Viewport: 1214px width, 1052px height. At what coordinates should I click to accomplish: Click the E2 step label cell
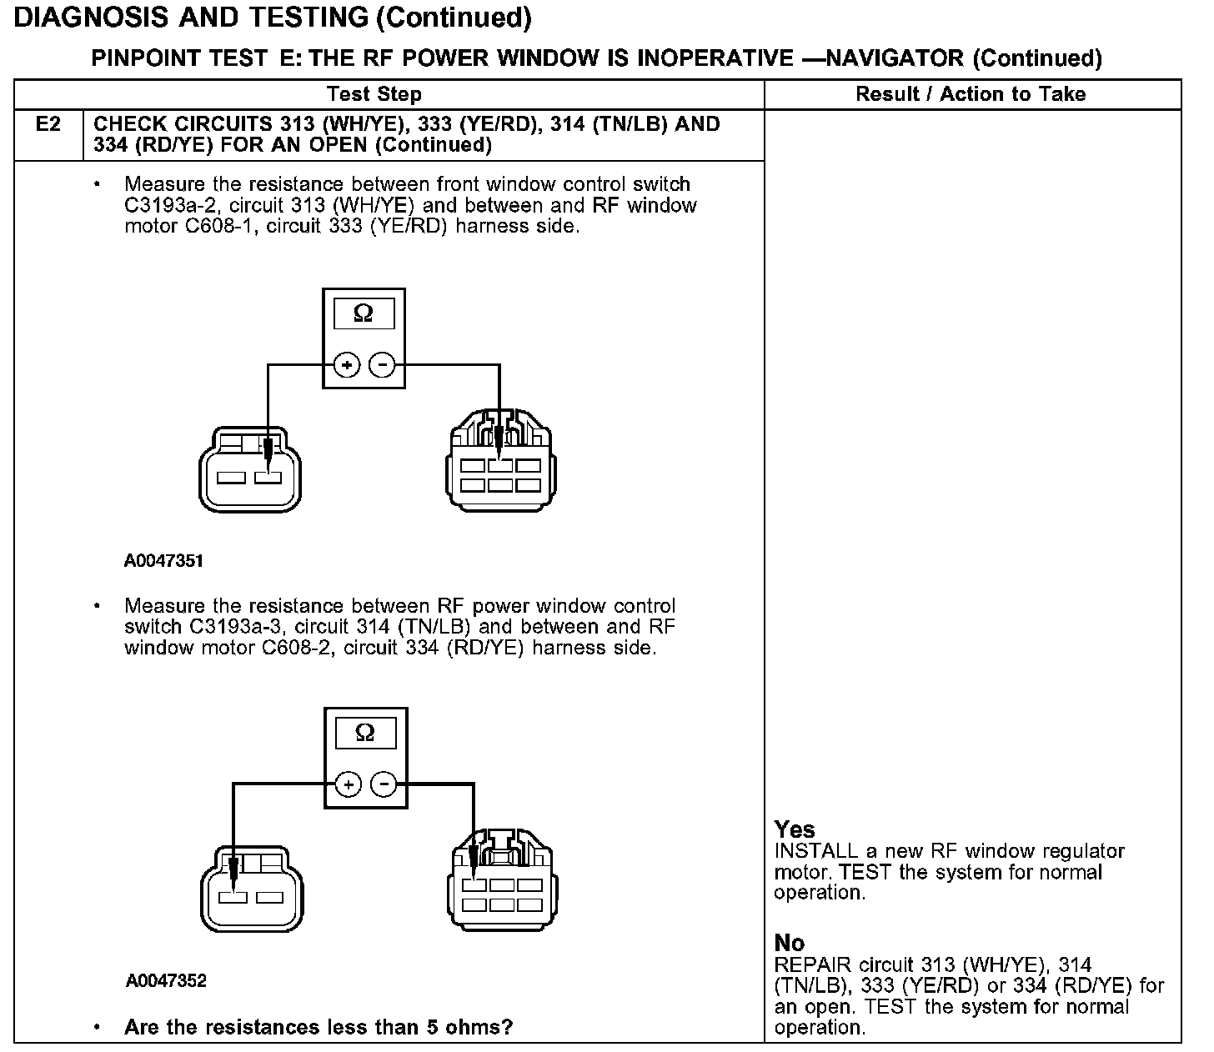pos(48,125)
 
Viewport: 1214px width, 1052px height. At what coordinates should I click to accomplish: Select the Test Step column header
pos(374,94)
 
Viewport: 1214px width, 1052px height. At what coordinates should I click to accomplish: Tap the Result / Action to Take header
pos(971,94)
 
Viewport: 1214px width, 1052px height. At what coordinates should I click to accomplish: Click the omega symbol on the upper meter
pos(364,313)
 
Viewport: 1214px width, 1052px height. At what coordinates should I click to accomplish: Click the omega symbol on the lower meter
pos(365,733)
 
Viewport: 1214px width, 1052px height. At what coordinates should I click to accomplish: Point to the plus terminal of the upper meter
pos(346,365)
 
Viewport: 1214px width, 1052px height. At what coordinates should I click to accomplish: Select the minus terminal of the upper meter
pos(382,365)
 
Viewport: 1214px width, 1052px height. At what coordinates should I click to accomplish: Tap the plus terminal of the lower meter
pos(348,784)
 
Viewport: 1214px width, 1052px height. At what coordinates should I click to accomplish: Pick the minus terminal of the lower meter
pos(384,784)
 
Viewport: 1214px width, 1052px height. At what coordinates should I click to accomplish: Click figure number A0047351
pos(163,561)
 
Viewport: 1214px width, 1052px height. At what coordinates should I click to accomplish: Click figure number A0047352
pos(166,981)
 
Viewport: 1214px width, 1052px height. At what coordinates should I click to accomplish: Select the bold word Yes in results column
pos(795,829)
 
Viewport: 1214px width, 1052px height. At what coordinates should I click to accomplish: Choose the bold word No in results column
pos(790,943)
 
